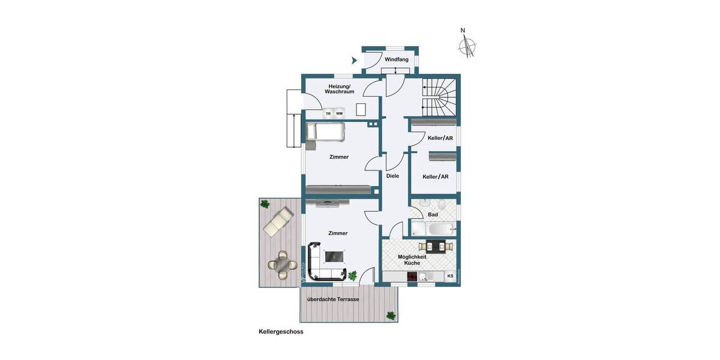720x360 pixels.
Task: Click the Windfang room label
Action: tap(397, 59)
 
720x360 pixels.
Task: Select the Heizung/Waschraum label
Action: tap(339, 89)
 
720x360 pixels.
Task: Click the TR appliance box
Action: tap(328, 113)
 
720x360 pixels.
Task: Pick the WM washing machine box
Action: tap(340, 113)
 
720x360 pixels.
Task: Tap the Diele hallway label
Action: tap(392, 176)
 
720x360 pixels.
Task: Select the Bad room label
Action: tap(433, 214)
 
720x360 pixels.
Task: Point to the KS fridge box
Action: tap(450, 276)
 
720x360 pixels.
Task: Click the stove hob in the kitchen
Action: tap(413, 277)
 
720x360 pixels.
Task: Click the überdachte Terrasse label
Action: tap(332, 299)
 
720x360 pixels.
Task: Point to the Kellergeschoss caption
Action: tap(281, 331)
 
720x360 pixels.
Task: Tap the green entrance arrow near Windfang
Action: tap(354, 60)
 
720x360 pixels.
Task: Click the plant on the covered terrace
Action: tap(391, 315)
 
